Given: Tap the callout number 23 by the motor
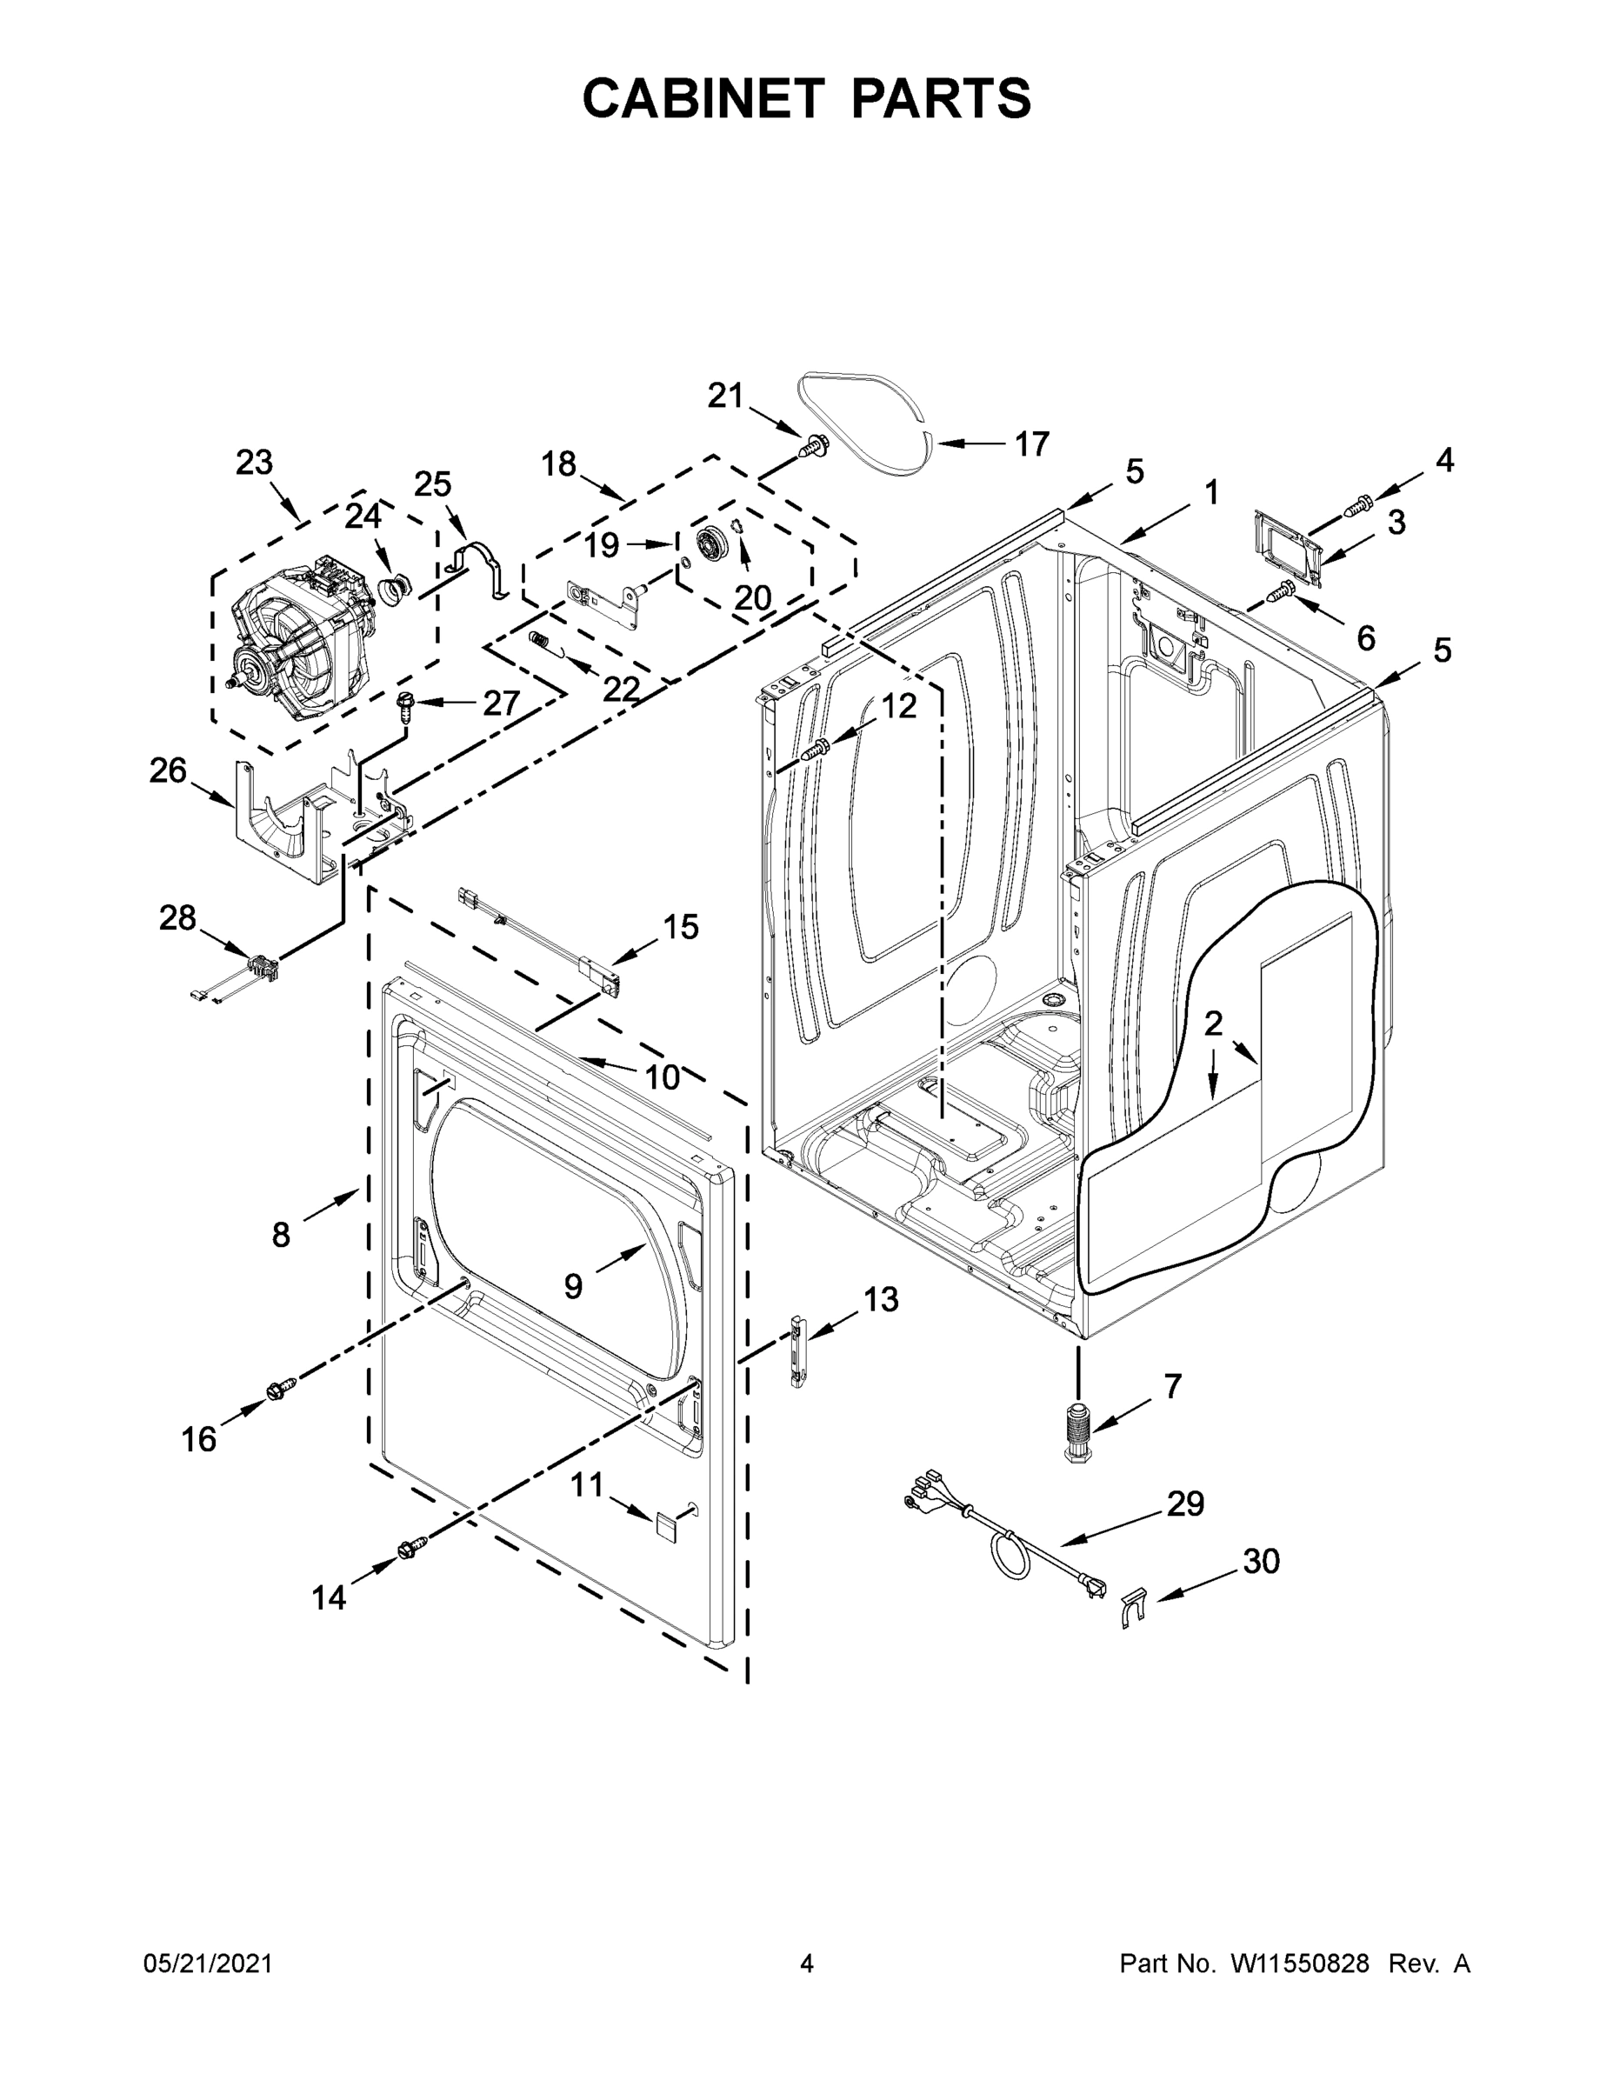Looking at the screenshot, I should pos(254,463).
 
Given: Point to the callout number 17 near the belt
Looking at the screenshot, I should pos(1031,444).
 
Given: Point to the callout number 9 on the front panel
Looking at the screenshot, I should pos(572,1287).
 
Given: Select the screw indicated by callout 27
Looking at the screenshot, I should pos(405,707).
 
